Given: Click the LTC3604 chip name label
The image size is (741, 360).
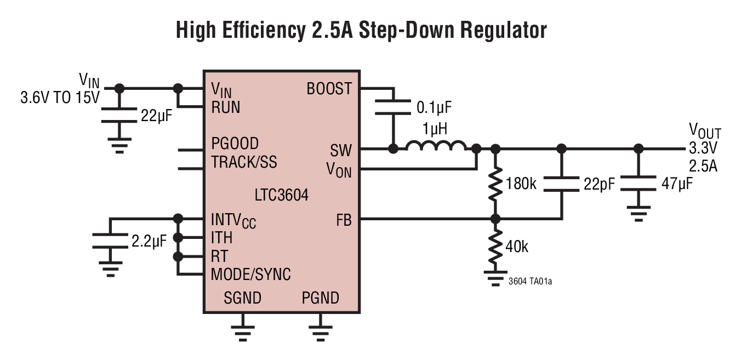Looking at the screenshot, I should pos(281,195).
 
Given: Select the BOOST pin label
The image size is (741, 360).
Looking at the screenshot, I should pos(329,88).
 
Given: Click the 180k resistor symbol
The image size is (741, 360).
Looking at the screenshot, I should pos(495,184).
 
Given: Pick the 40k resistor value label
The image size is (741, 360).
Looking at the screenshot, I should pos(517,247).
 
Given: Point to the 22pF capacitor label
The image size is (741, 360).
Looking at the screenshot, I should pos(599,184).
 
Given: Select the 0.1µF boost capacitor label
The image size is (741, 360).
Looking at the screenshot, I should pos(434,106).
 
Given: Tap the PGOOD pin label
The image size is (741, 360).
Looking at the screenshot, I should pos(235,144).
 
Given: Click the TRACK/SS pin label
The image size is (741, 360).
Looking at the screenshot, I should pos(244,162).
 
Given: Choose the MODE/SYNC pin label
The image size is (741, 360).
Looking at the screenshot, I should pos(250,274).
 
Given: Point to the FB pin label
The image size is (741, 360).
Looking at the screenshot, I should pos(344,220).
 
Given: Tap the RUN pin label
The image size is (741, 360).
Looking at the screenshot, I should pos(226,107).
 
